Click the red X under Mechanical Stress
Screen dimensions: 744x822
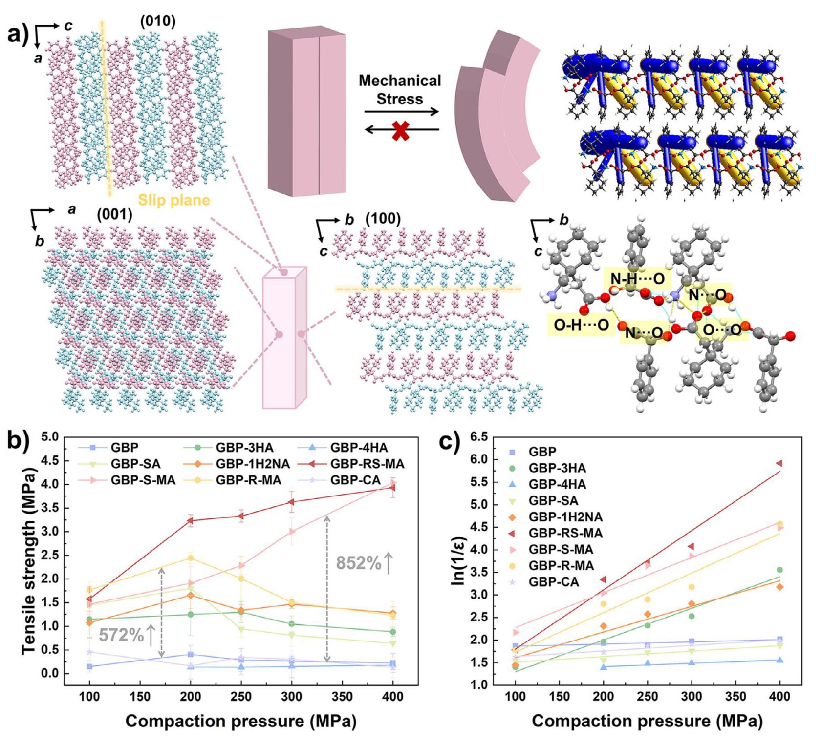(400, 131)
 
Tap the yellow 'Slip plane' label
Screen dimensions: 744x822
(173, 200)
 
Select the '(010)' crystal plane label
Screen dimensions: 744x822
(157, 21)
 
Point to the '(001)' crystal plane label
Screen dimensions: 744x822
(114, 214)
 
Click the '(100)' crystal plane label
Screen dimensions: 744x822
(383, 219)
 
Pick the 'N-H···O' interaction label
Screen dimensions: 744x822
(637, 279)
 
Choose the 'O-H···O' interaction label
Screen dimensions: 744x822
(581, 325)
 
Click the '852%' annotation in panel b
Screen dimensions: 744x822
(358, 563)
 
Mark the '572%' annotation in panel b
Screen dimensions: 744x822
(121, 635)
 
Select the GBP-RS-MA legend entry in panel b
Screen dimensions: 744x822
(367, 464)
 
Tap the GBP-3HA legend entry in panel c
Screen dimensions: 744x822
(557, 468)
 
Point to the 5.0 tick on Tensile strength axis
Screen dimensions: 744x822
(50, 437)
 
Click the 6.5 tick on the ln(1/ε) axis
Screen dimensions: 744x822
(479, 437)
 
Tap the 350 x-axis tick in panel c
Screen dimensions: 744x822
(735, 696)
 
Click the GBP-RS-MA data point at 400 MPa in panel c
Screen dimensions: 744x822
(779, 463)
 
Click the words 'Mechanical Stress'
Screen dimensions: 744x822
(400, 90)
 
